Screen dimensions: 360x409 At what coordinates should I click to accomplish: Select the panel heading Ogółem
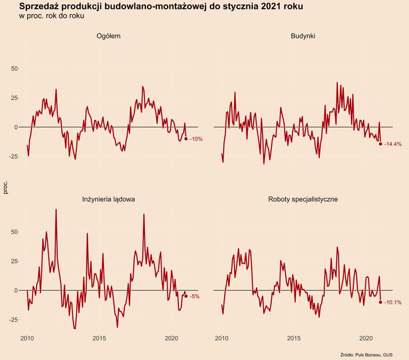[108, 36]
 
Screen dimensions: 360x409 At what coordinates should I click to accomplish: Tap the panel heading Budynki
[303, 36]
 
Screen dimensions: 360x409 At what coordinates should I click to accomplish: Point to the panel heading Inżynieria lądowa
[108, 199]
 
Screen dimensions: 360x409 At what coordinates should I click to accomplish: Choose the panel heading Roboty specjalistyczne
[303, 199]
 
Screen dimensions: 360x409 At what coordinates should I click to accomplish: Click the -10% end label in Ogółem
[196, 139]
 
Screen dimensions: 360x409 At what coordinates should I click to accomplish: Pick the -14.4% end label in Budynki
[393, 144]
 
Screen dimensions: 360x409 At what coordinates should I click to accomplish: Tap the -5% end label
[195, 296]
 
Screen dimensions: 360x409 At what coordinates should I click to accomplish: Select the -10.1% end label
[393, 302]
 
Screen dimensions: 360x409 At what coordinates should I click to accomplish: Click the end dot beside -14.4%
[380, 144]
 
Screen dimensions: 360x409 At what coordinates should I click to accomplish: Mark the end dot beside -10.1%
[380, 302]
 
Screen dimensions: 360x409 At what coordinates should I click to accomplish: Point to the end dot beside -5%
[186, 296]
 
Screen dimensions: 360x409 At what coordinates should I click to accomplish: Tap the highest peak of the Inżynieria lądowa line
[56, 210]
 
